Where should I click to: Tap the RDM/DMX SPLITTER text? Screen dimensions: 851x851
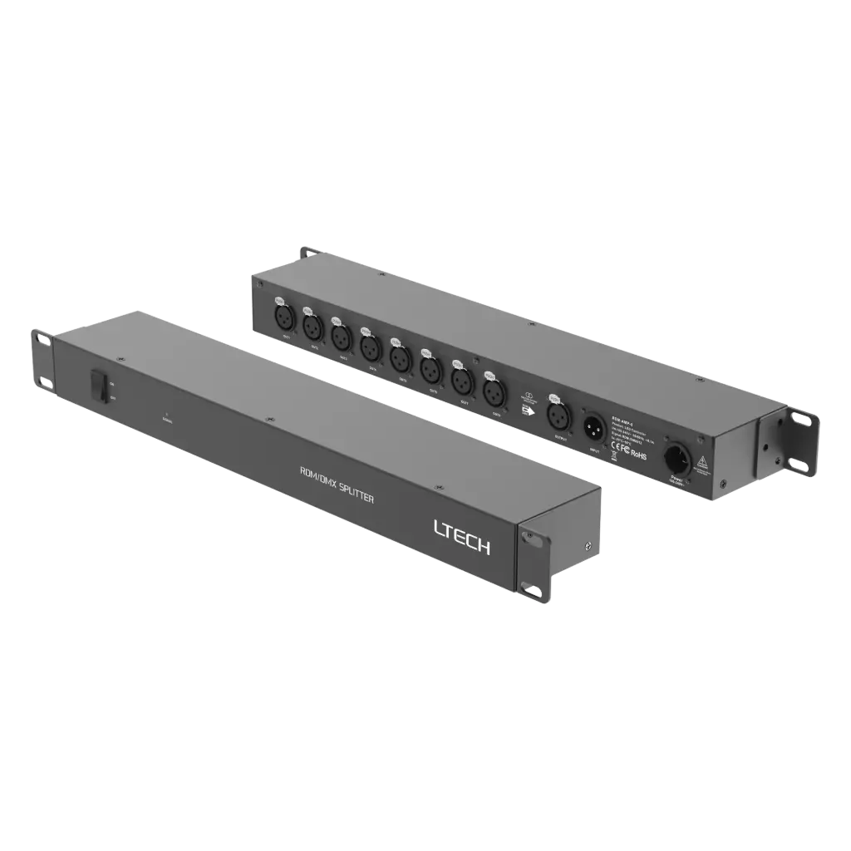coord(337,485)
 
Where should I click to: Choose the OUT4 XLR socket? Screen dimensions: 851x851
coord(369,346)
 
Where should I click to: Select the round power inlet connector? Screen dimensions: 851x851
coord(672,458)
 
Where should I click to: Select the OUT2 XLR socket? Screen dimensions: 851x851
coord(311,326)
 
